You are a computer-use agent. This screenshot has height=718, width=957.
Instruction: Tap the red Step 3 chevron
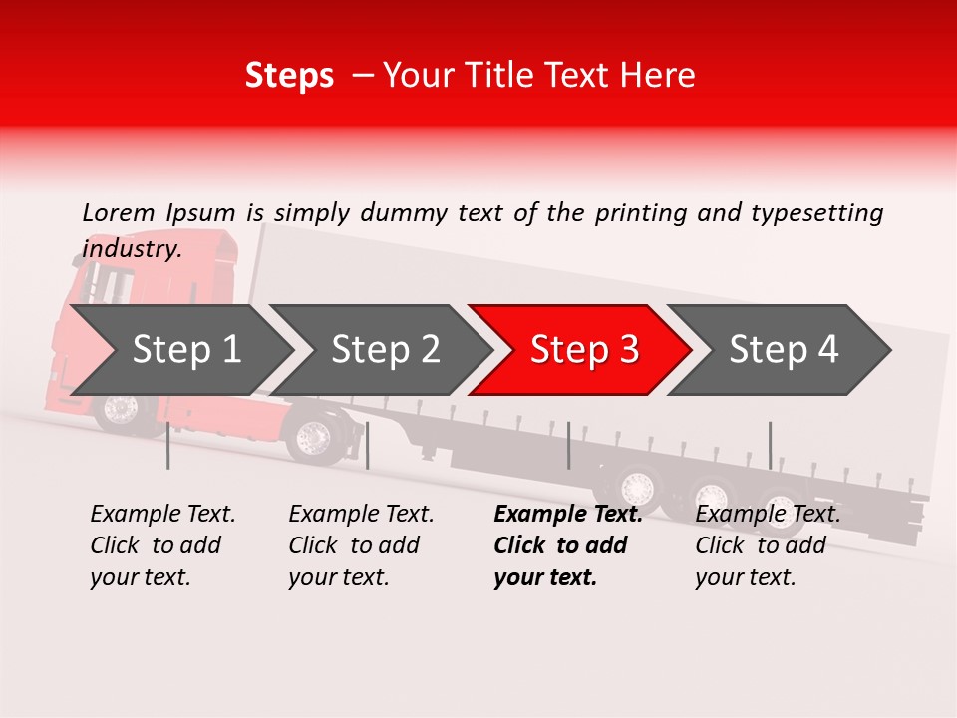(x=583, y=350)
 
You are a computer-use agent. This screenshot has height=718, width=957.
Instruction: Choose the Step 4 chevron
(x=783, y=350)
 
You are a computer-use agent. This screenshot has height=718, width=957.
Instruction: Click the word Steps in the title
(x=289, y=75)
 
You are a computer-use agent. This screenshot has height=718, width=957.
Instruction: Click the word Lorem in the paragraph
(x=119, y=212)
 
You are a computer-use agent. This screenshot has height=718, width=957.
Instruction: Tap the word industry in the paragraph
(x=131, y=248)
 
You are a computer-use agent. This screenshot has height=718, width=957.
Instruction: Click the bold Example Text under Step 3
(x=568, y=515)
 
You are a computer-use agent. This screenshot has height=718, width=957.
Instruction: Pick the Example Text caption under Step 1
(x=162, y=515)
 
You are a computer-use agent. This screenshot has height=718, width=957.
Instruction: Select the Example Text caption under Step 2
(x=361, y=515)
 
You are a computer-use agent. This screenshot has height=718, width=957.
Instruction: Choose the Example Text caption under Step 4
(x=768, y=515)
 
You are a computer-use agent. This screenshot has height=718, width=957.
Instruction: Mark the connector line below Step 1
(x=168, y=445)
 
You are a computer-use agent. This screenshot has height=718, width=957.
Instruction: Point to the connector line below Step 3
(x=568, y=445)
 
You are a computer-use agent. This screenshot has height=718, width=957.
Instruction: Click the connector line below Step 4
(x=770, y=445)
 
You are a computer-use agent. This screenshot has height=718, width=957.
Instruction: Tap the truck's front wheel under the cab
(x=122, y=409)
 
